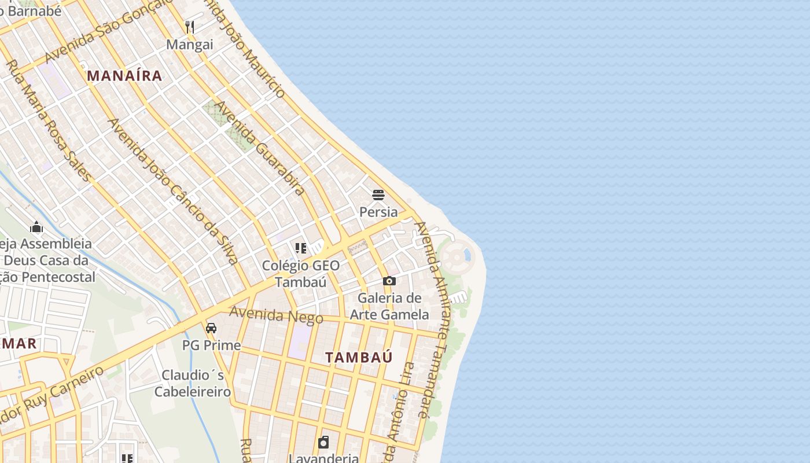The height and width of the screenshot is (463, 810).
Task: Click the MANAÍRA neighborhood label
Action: click(124, 76)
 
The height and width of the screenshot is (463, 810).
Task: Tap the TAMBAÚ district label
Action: click(359, 357)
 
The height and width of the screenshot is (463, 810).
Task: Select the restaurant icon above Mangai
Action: click(189, 27)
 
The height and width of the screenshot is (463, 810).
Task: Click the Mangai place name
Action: click(190, 45)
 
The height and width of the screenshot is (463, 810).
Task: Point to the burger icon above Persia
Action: click(378, 195)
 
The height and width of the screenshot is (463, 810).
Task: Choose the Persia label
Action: click(378, 212)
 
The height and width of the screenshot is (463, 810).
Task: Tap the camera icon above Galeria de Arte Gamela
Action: click(389, 281)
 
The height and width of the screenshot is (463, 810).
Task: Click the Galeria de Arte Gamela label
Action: click(389, 306)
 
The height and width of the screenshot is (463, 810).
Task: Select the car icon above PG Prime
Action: click(211, 328)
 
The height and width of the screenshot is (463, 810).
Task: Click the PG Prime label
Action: click(211, 346)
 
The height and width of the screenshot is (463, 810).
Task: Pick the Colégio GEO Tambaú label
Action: click(301, 274)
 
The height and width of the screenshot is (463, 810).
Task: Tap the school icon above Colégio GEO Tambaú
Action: click(301, 248)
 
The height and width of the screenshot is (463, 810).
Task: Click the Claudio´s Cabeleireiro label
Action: click(193, 383)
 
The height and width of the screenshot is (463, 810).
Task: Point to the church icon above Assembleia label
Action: click(36, 227)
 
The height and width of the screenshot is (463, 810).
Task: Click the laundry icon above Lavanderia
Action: click(323, 443)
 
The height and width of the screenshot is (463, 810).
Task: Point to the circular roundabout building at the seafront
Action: click(456, 256)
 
